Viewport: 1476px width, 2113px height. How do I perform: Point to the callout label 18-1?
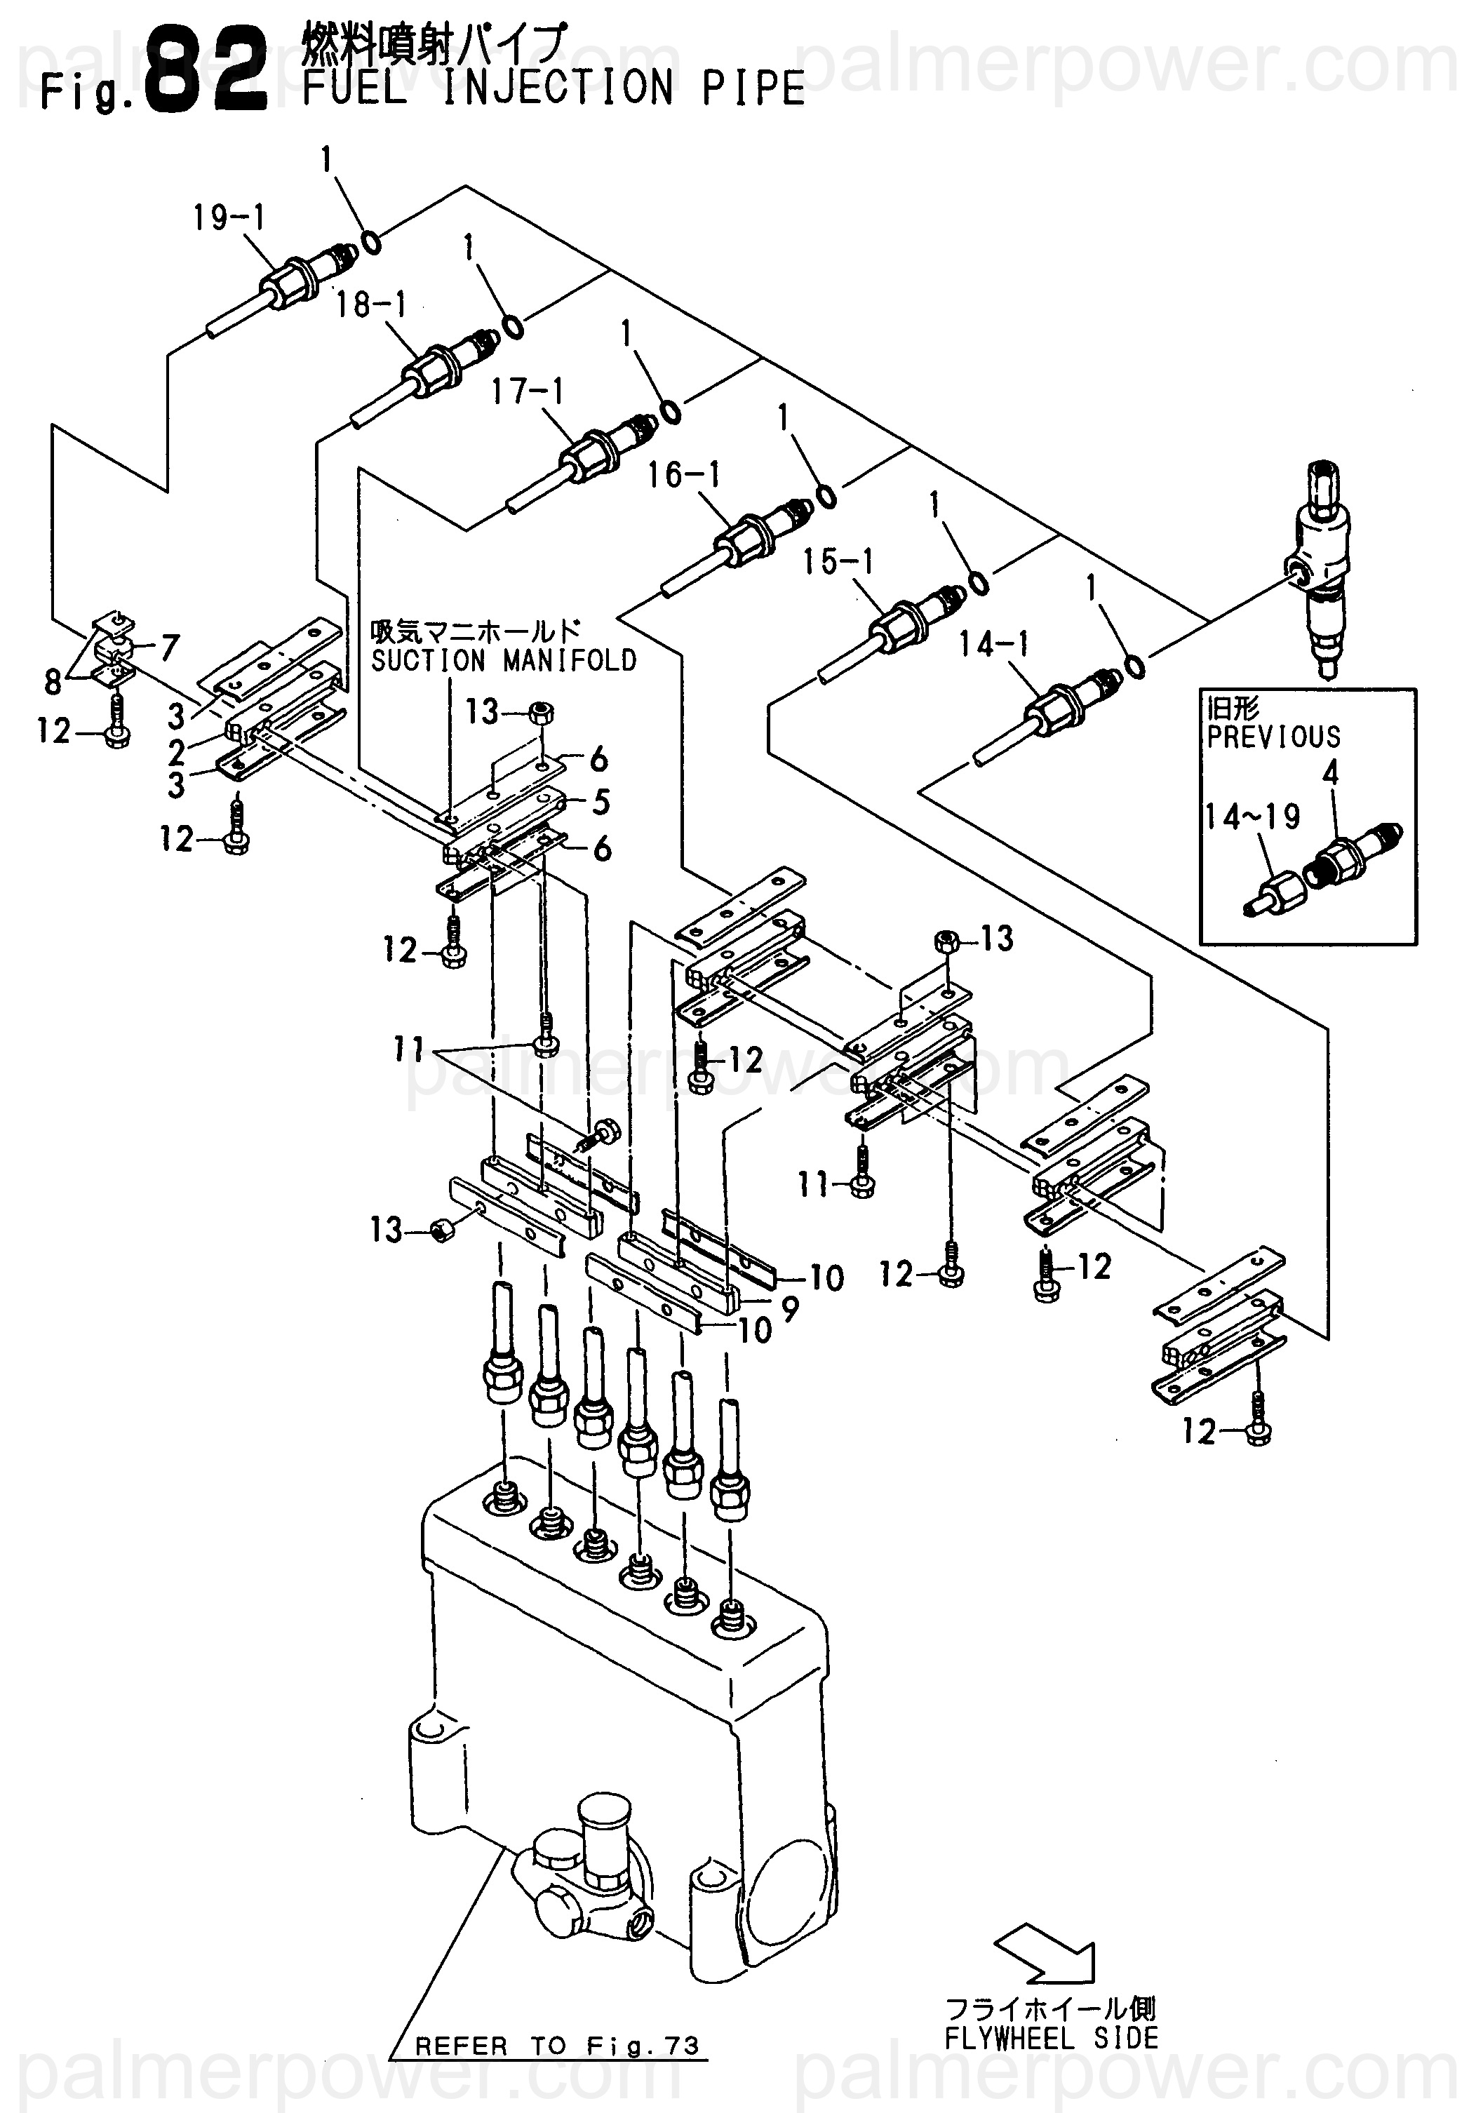point(371,304)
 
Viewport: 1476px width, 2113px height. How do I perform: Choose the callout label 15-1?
point(838,561)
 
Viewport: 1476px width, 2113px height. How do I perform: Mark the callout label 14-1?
point(994,644)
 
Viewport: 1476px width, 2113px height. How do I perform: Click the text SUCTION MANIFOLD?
point(504,661)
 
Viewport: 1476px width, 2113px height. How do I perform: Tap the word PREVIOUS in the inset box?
point(1273,737)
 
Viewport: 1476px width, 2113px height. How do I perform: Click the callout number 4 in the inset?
point(1331,774)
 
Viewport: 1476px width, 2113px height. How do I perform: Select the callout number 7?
point(169,648)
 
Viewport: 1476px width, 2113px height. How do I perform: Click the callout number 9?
point(789,1308)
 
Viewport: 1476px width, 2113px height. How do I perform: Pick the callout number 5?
point(601,803)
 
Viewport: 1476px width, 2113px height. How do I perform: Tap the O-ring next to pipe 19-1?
point(371,242)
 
